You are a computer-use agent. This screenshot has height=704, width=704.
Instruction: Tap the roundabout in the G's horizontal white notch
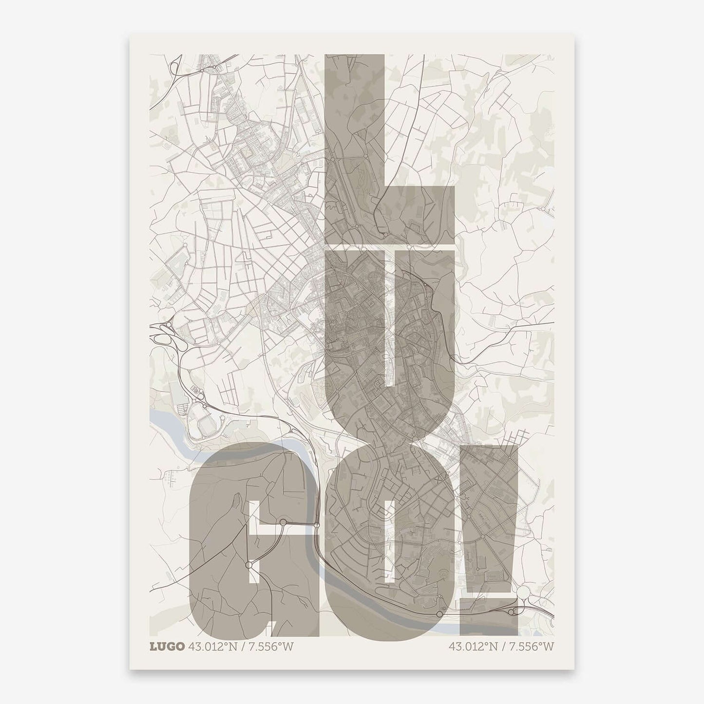(x=283, y=523)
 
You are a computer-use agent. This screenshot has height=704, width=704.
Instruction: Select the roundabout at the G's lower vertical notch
(x=248, y=565)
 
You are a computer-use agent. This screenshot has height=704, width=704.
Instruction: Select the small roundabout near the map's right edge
(x=543, y=209)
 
